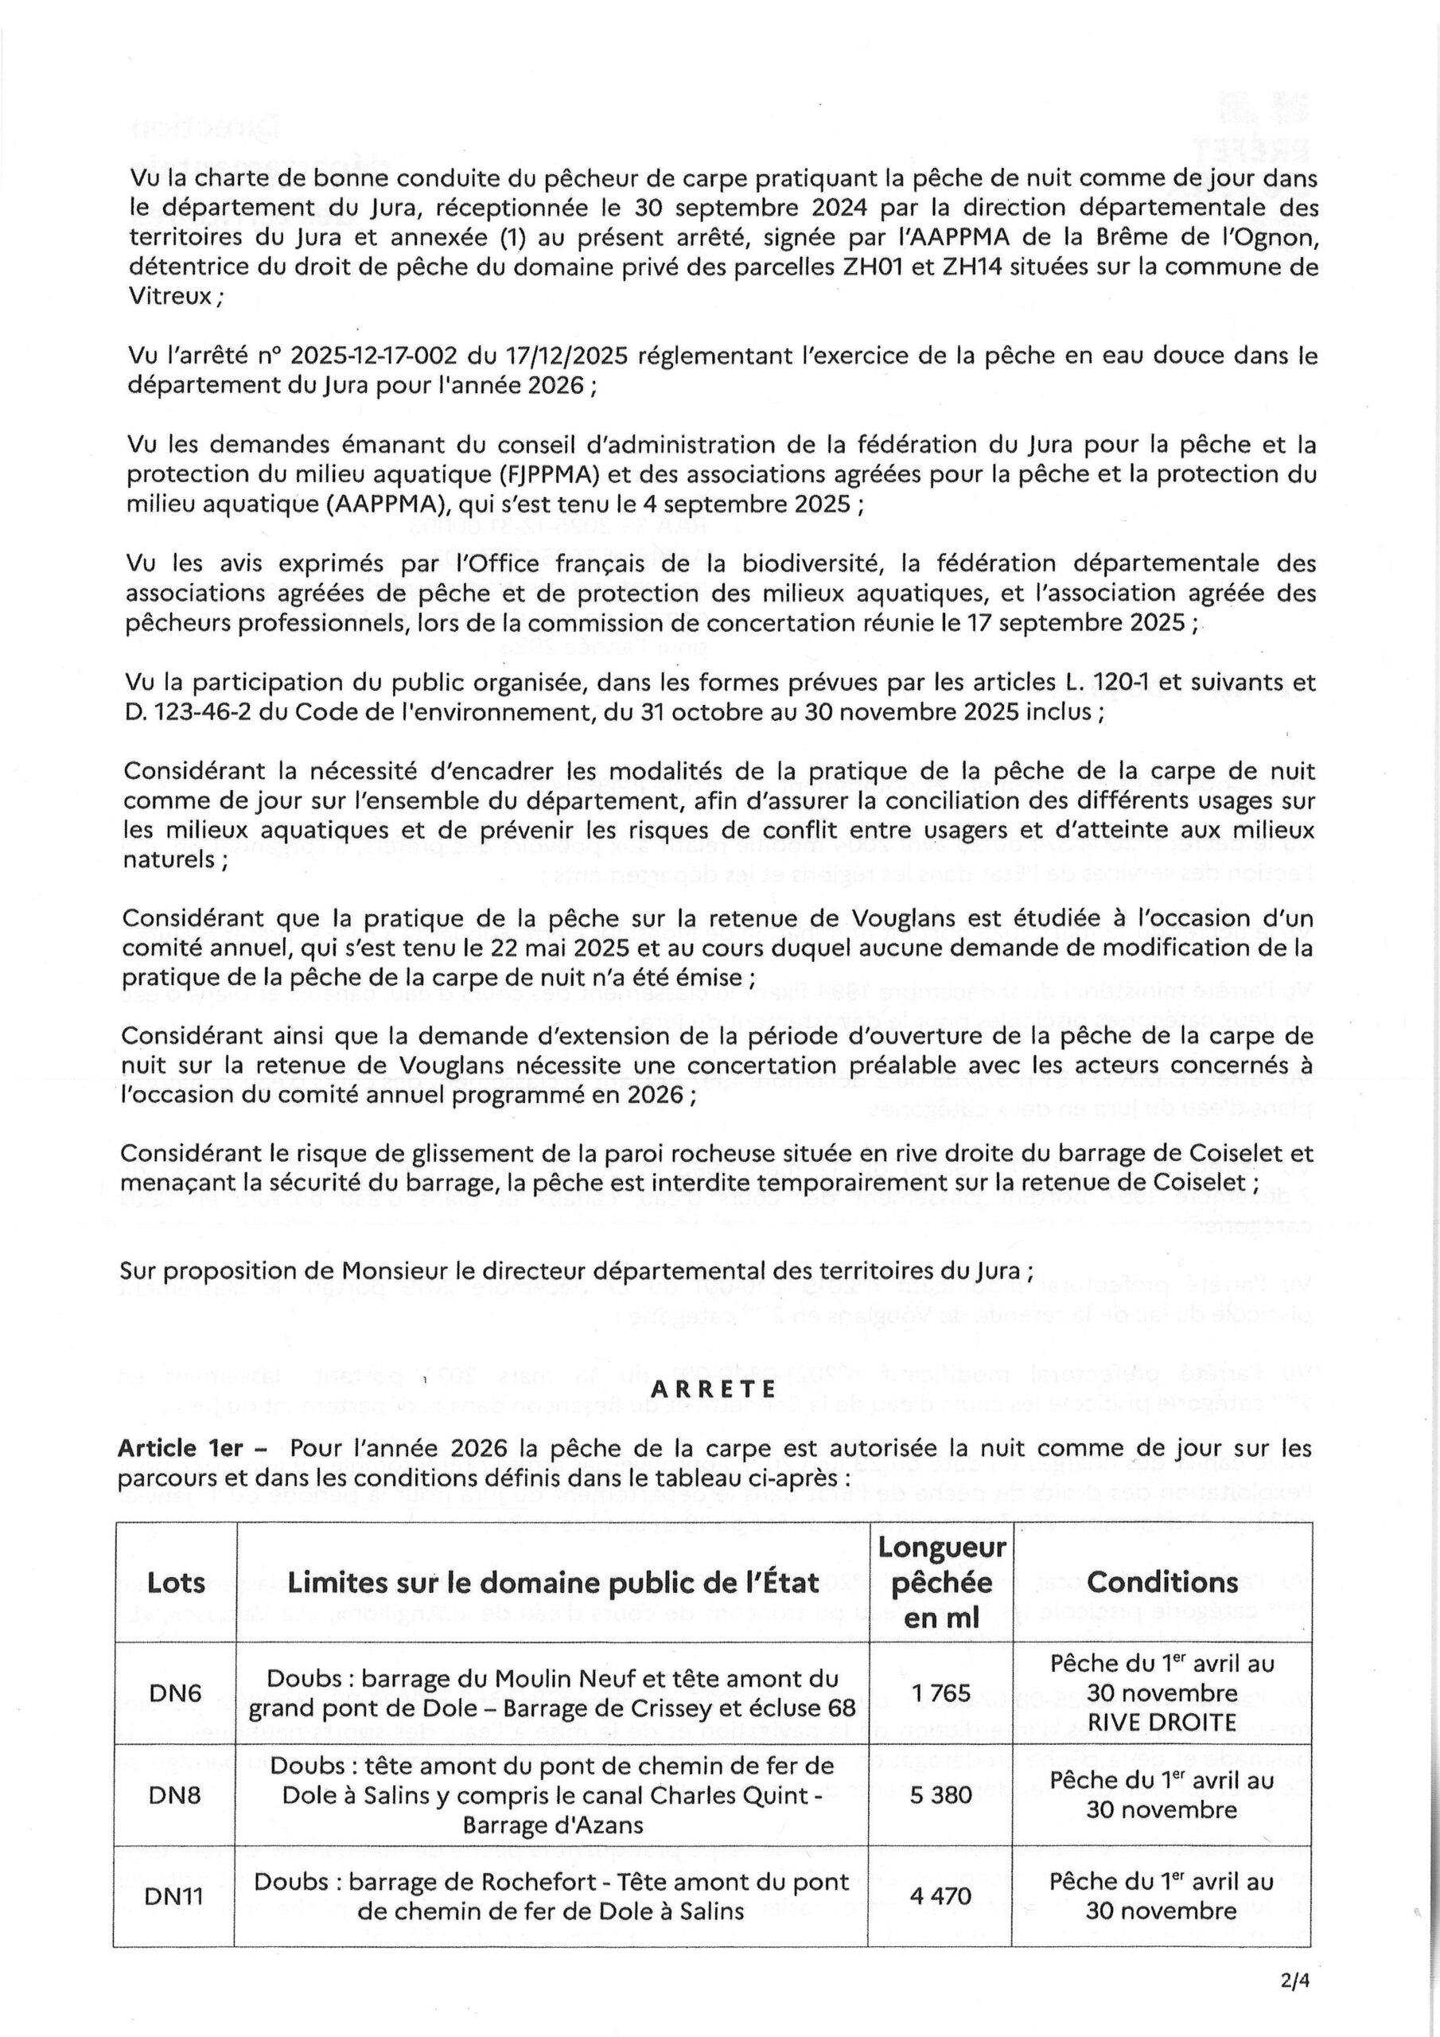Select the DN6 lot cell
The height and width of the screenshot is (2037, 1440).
coord(176,1692)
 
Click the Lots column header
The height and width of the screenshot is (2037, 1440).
coord(176,1583)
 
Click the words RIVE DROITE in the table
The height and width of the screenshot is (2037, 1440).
coord(1162,1722)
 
